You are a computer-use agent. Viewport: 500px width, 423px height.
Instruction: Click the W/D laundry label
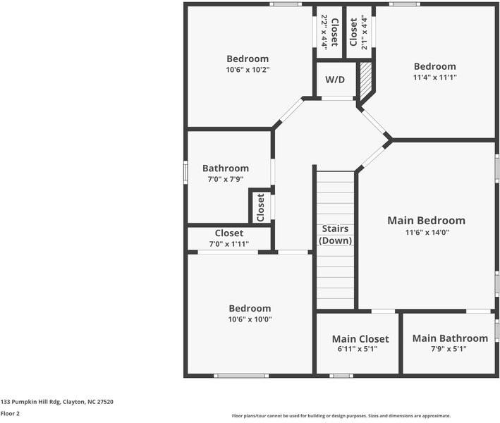[335, 80]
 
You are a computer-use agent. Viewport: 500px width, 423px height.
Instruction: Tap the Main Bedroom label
[427, 220]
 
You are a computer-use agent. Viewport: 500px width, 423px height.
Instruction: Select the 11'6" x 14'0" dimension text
[427, 233]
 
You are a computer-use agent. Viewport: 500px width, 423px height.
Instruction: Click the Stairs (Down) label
[335, 234]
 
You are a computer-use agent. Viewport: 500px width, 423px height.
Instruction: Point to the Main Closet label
[360, 339]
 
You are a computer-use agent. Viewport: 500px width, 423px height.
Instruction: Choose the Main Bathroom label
[450, 338]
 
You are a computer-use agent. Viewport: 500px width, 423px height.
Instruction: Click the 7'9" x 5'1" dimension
[449, 349]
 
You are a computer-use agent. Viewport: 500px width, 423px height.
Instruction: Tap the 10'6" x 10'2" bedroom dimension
[248, 70]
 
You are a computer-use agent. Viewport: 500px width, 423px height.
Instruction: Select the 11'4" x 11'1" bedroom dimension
[435, 77]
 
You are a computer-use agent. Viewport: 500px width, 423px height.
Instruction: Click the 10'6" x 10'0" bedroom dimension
[250, 319]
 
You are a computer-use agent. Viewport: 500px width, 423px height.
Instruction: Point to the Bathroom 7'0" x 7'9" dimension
[226, 180]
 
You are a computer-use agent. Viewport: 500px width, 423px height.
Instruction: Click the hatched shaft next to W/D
[365, 80]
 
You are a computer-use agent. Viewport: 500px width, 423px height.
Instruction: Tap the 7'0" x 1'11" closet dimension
[229, 244]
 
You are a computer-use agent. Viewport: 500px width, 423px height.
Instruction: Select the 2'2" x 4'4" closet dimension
[324, 32]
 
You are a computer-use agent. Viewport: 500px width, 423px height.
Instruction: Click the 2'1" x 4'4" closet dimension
[364, 32]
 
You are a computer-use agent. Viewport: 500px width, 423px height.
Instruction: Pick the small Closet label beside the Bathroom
[260, 207]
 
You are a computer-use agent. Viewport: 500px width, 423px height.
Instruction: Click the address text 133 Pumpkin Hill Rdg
[30, 402]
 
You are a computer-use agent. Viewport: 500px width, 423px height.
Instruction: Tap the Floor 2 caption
[10, 413]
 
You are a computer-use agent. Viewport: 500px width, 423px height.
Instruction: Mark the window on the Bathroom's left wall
[185, 172]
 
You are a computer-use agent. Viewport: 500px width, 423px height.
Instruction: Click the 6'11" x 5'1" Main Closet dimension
[358, 349]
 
